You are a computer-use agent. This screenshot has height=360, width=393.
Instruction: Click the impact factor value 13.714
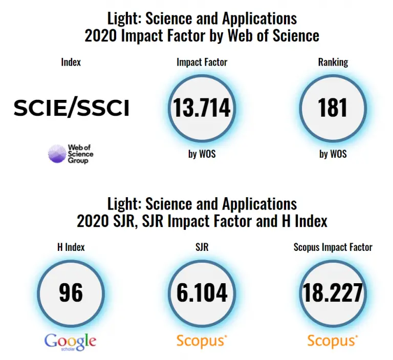[202, 108]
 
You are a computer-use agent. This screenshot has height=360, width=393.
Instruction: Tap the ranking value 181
[333, 108]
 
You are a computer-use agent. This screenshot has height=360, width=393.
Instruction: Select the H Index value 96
[71, 292]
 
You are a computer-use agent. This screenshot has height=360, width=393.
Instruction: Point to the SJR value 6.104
[202, 292]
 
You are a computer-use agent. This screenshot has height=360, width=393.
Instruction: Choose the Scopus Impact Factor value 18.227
[333, 292]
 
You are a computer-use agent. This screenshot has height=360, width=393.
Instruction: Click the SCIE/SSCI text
[71, 108]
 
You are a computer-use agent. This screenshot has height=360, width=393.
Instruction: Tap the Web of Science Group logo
[71, 154]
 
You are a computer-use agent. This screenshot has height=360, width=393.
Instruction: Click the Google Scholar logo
[71, 341]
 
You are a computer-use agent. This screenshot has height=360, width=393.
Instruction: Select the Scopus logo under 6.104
[202, 341]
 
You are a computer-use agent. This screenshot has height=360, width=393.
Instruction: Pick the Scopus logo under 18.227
[333, 341]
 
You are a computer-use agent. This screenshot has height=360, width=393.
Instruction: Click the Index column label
[71, 62]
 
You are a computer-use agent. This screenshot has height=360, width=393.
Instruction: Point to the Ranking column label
[333, 62]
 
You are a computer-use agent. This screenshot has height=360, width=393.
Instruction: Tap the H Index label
[71, 247]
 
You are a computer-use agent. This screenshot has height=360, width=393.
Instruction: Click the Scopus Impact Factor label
[333, 247]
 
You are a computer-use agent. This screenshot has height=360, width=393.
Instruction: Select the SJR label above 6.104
[202, 247]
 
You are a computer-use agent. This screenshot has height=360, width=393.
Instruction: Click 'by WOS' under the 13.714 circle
[202, 154]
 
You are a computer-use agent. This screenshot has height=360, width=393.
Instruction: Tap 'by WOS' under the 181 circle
[333, 154]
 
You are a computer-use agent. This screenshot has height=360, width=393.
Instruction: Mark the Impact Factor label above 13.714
[202, 62]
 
